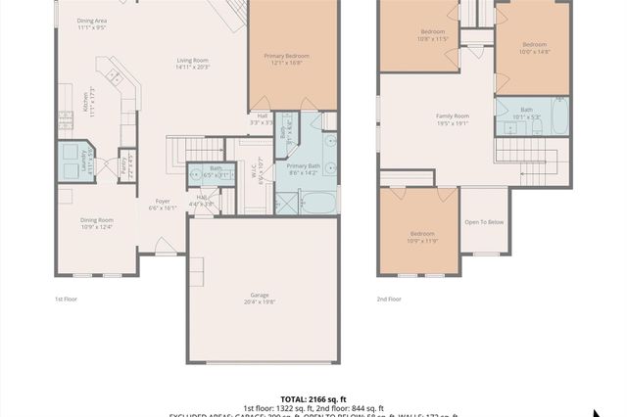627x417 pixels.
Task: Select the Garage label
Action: (x=261, y=299)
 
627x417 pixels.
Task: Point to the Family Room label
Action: (x=453, y=119)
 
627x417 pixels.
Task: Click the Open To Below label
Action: (x=484, y=222)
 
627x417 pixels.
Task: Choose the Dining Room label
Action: (x=97, y=223)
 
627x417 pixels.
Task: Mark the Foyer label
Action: (x=163, y=205)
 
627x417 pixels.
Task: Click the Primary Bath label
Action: (x=305, y=169)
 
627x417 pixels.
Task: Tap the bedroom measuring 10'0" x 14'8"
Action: (x=534, y=48)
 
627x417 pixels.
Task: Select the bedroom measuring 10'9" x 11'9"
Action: (x=423, y=237)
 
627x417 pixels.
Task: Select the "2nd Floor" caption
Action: (x=389, y=299)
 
